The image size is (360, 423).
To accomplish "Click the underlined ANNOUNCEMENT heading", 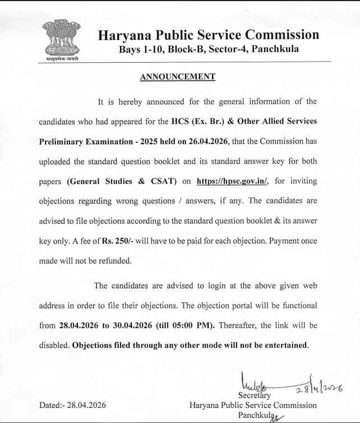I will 177,76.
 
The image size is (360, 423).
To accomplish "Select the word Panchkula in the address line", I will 275,49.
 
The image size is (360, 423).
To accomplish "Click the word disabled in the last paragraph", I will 53,344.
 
